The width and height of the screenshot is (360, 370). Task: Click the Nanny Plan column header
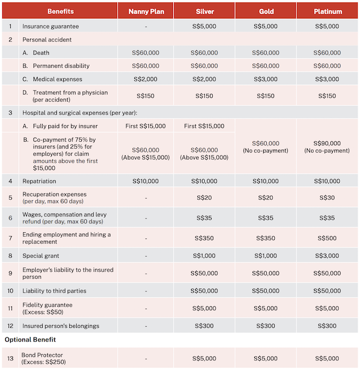(x=146, y=11)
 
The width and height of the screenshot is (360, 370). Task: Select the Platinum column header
(x=327, y=11)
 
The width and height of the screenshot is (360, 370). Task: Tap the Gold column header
(x=266, y=11)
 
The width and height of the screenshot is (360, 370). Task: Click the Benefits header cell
(x=60, y=11)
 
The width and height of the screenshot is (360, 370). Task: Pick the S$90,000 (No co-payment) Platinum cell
(x=327, y=147)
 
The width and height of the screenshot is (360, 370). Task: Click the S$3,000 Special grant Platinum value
(x=327, y=256)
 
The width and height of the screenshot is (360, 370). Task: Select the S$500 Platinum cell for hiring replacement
(x=327, y=239)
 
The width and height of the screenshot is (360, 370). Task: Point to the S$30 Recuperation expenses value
(x=327, y=198)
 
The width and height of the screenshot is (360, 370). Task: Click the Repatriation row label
(x=39, y=181)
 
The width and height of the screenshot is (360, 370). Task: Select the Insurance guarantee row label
(x=51, y=26)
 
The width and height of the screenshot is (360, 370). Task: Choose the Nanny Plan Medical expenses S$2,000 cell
(x=146, y=79)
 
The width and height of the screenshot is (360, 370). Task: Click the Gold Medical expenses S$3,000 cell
(x=266, y=79)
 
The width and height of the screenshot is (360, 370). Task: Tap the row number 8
(x=10, y=256)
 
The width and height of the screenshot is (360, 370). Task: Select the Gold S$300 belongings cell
(x=266, y=326)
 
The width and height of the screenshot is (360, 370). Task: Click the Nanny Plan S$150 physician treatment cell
(x=146, y=96)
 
